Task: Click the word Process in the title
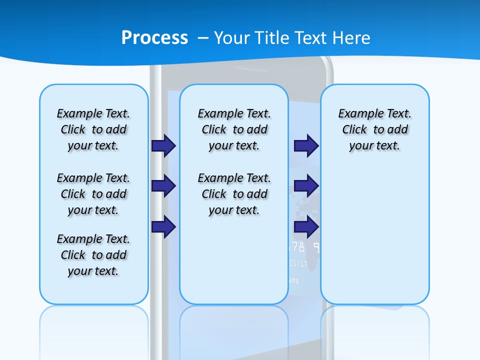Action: pyautogui.click(x=154, y=38)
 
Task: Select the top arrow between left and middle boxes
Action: pyautogui.click(x=163, y=146)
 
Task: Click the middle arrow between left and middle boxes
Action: pyautogui.click(x=163, y=186)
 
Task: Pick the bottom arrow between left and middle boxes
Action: pyautogui.click(x=163, y=227)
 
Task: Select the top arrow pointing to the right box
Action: pyautogui.click(x=306, y=146)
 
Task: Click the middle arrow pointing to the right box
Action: pyautogui.click(x=306, y=186)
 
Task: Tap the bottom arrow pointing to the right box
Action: pyautogui.click(x=306, y=227)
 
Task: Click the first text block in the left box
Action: pyautogui.click(x=93, y=129)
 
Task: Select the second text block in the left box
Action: pyautogui.click(x=93, y=194)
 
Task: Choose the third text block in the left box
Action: pyautogui.click(x=93, y=255)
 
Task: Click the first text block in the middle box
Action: pyautogui.click(x=234, y=129)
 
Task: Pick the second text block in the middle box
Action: pyautogui.click(x=234, y=194)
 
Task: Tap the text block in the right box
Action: pyautogui.click(x=374, y=129)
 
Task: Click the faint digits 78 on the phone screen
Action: pyautogui.click(x=297, y=247)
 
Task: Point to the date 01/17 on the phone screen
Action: pyautogui.click(x=299, y=263)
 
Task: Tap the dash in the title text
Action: pyautogui.click(x=203, y=38)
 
